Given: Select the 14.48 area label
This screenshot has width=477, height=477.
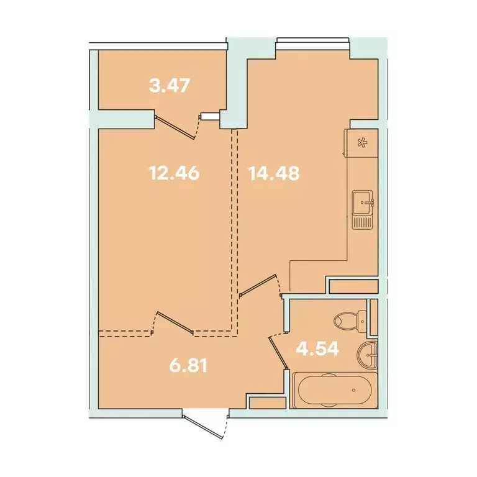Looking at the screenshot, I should pyautogui.click(x=274, y=173).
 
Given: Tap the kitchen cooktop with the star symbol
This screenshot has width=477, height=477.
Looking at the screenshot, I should pyautogui.click(x=361, y=142).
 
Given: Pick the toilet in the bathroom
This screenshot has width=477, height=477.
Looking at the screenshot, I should pyautogui.click(x=348, y=321).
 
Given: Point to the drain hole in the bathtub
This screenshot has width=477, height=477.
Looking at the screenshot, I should pyautogui.click(x=354, y=391).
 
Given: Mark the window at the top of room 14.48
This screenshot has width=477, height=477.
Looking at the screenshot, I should pyautogui.click(x=312, y=42).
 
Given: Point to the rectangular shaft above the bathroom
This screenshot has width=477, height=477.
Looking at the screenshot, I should pyautogui.click(x=353, y=286).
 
